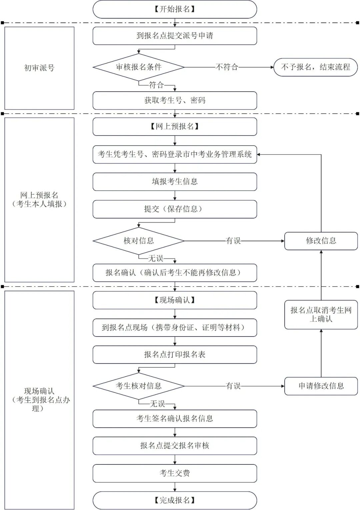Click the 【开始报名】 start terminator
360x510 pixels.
(175, 9)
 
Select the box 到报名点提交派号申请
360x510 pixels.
(175, 36)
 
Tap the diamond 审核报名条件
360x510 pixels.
(139, 67)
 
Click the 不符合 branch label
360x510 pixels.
(227, 67)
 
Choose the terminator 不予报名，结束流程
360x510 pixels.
(315, 67)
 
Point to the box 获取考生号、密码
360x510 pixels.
(175, 101)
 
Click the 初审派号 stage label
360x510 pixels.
(39, 68)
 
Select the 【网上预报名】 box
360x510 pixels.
(175, 127)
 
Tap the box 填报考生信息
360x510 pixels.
(175, 182)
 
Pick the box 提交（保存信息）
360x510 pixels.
(175, 209)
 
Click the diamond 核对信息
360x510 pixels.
(139, 241)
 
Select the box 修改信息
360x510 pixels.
(321, 241)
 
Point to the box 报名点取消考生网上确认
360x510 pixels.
(321, 314)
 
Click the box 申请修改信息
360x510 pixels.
(321, 386)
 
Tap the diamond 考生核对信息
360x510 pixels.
(139, 386)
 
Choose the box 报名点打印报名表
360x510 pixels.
(175, 355)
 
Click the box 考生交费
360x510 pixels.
(175, 473)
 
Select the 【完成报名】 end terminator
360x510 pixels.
(175, 500)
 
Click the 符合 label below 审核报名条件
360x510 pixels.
(156, 85)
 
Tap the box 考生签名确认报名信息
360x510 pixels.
(175, 419)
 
